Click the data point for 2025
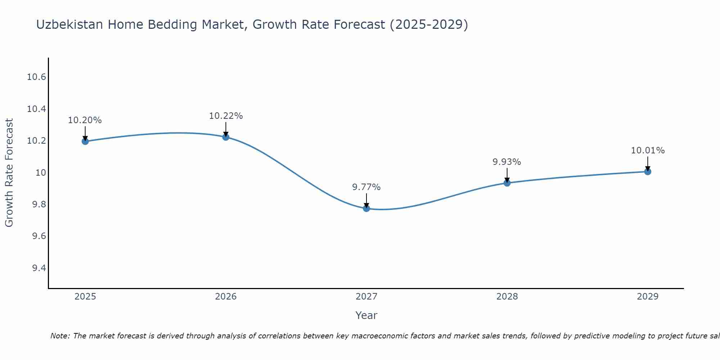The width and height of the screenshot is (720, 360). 85,141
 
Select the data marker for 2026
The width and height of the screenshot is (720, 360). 226,137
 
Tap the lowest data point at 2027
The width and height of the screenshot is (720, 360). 366,208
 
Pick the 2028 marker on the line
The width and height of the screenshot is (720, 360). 507,183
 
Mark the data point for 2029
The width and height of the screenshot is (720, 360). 648,171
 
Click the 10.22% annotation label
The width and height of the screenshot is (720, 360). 226,116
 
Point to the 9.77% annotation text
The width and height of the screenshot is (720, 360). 366,187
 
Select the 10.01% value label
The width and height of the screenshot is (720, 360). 648,150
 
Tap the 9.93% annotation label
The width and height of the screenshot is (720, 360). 507,162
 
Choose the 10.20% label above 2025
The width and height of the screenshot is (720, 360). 85,120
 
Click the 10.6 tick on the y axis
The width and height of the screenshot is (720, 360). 36,77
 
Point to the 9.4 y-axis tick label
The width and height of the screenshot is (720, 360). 39,268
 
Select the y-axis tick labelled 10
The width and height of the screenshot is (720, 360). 41,173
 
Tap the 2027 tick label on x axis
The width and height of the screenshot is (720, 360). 366,297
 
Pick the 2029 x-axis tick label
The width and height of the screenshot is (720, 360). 648,297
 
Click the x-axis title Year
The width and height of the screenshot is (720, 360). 366,316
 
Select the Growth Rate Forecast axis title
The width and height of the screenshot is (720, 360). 9,173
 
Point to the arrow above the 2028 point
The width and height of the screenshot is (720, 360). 507,175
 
